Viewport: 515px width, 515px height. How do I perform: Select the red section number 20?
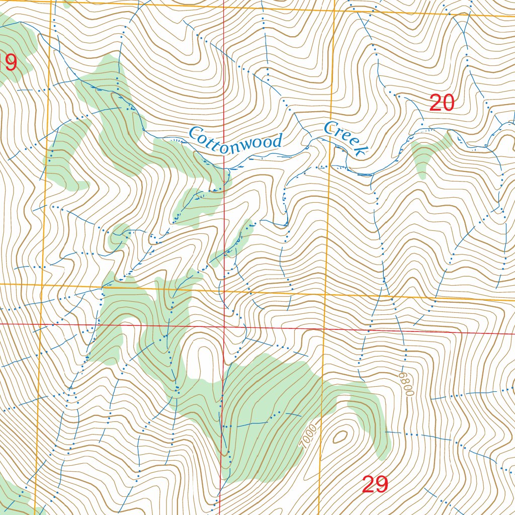[442, 103]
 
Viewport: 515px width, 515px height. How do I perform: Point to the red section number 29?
[375, 485]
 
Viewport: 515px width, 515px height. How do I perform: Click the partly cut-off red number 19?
[9, 63]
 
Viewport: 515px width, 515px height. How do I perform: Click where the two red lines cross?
[224, 326]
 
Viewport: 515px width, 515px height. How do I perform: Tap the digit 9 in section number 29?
[382, 485]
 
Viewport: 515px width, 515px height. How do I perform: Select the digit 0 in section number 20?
[448, 103]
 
